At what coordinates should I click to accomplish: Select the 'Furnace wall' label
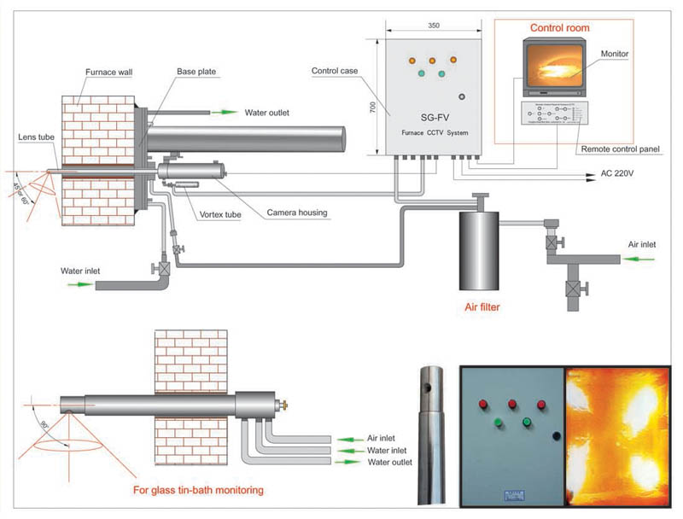[x=108, y=73]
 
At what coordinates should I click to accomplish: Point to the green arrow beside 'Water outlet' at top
[x=225, y=111]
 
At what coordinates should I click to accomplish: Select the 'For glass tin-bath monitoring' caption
[x=198, y=490]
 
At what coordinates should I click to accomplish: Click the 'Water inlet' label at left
[x=80, y=272]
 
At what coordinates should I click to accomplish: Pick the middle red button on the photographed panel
[x=511, y=404]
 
